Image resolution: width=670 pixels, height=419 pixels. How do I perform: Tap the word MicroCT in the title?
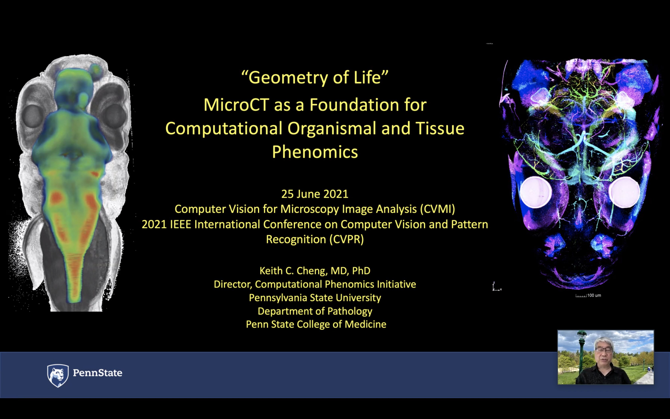pyautogui.click(x=236, y=105)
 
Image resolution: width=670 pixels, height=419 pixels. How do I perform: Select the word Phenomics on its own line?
pyautogui.click(x=315, y=152)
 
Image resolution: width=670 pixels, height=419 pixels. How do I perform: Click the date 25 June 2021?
pyautogui.click(x=315, y=194)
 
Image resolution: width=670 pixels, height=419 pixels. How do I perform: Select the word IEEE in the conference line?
pyautogui.click(x=180, y=224)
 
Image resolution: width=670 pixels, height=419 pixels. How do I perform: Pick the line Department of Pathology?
pyautogui.click(x=315, y=311)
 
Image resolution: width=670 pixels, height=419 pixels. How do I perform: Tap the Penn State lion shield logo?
pyautogui.click(x=58, y=376)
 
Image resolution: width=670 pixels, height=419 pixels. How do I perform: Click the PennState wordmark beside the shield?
pyautogui.click(x=98, y=373)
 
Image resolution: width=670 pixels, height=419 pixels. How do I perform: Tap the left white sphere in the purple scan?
pyautogui.click(x=536, y=192)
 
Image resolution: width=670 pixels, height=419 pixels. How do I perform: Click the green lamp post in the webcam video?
pyautogui.click(x=582, y=352)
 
